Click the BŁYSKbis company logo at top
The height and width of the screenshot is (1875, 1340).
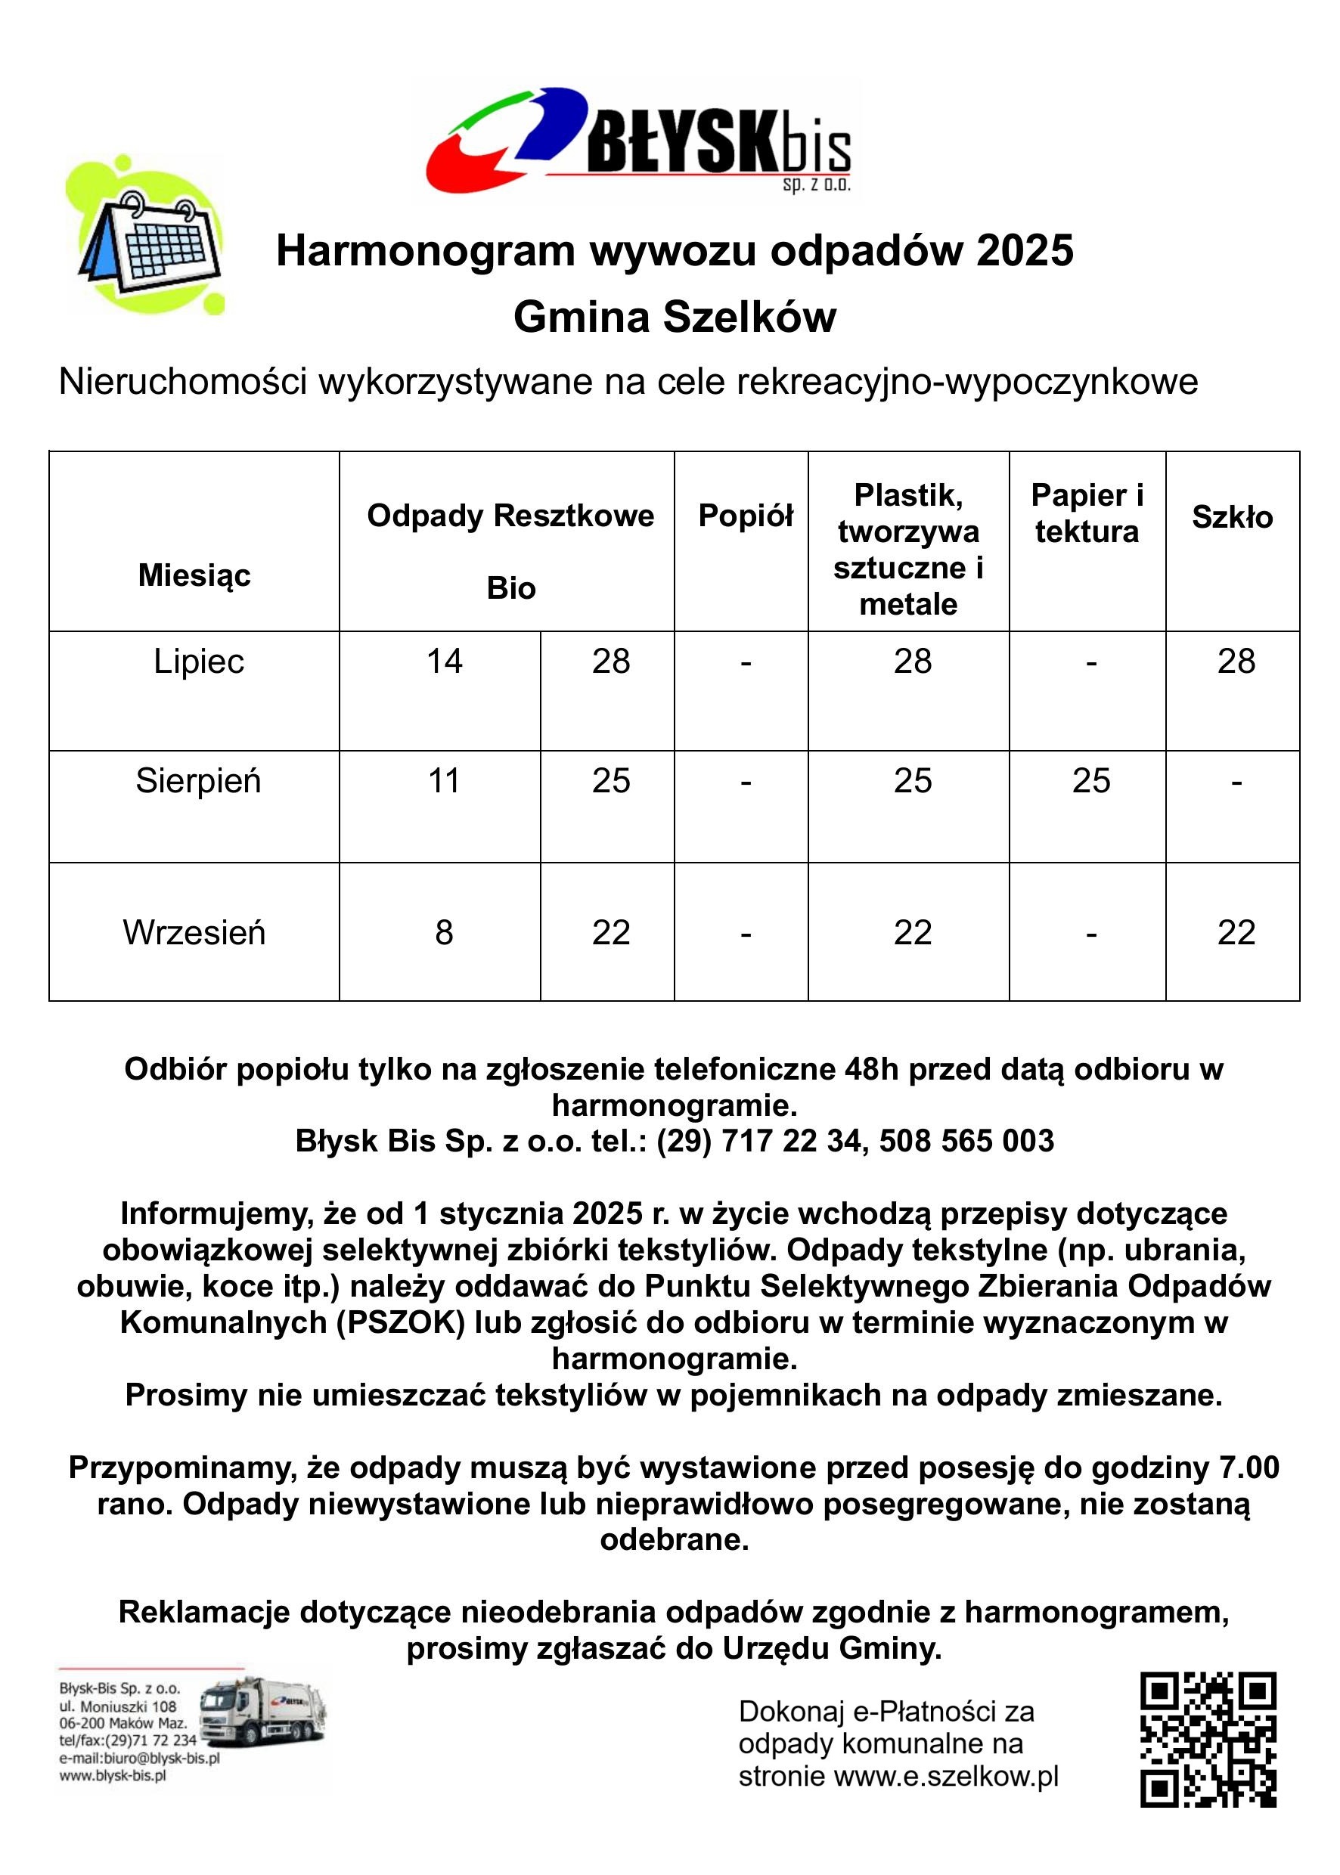click(x=637, y=140)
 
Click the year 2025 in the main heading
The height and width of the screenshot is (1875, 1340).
click(x=1025, y=251)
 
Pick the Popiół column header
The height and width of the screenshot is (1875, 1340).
click(x=745, y=516)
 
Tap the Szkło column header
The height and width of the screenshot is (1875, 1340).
click(x=1232, y=517)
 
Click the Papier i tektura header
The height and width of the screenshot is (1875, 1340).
click(x=1087, y=513)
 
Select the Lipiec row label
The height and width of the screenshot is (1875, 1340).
click(x=199, y=662)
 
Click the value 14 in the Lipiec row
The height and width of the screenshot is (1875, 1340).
click(x=444, y=662)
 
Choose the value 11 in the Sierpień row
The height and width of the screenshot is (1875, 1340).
click(x=444, y=780)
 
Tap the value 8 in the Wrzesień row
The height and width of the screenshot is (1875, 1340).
click(x=444, y=933)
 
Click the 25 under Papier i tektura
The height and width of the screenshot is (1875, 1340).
click(x=1090, y=780)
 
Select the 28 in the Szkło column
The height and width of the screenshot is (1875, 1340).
click(x=1235, y=662)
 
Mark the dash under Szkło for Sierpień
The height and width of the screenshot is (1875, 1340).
click(x=1235, y=781)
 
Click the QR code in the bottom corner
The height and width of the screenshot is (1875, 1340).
click(x=1208, y=1740)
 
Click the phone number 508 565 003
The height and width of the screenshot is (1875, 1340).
click(x=966, y=1141)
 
